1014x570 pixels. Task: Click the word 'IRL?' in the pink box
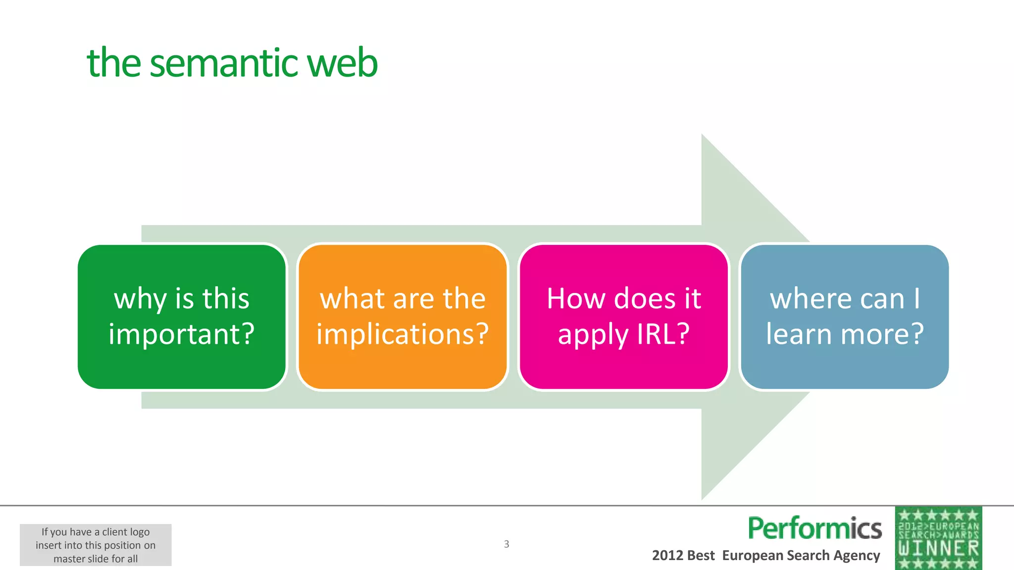663,334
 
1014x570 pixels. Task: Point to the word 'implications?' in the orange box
403,334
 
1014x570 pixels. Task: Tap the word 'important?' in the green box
182,334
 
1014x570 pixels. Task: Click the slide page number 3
507,544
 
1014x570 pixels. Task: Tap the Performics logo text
814,528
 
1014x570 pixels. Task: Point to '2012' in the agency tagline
667,556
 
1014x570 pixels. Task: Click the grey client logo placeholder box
96,545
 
